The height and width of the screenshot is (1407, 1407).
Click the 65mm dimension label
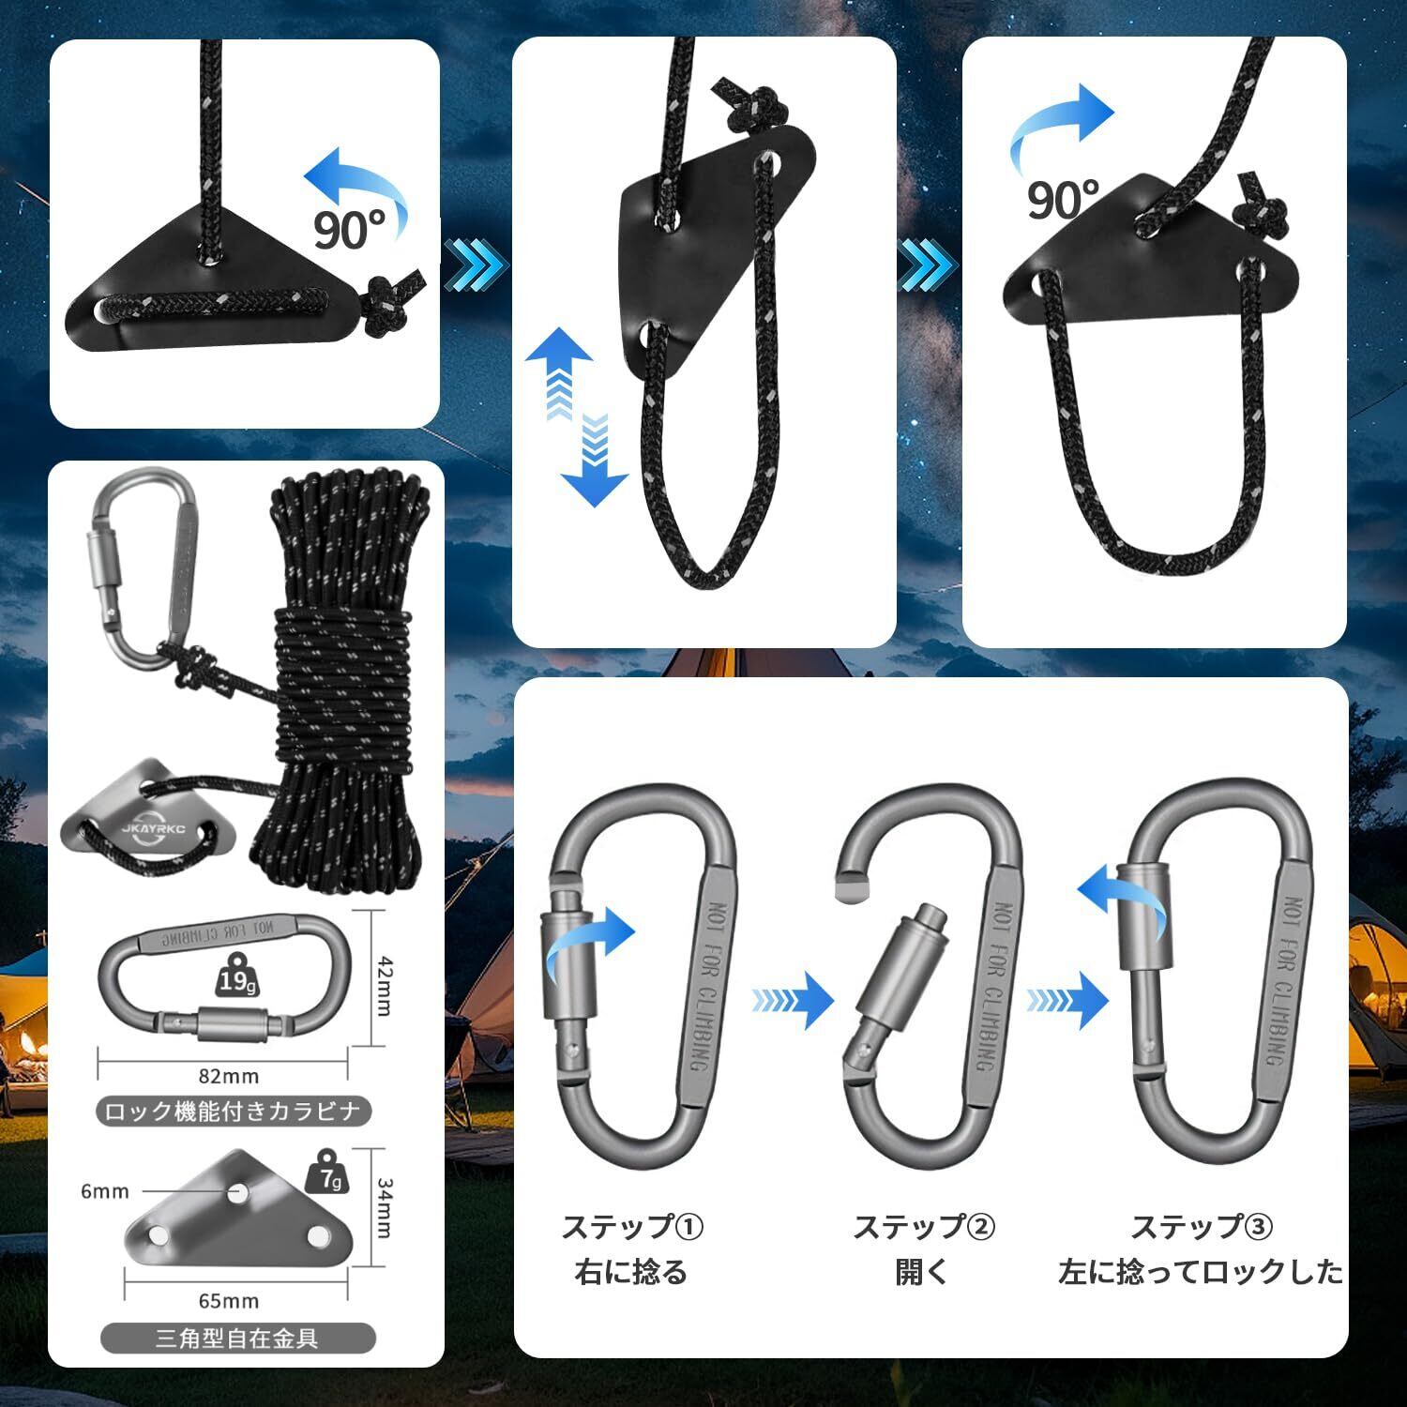click(x=229, y=1301)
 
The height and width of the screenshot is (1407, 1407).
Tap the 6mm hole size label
click(x=104, y=1191)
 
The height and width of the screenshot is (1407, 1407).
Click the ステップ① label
click(x=632, y=1226)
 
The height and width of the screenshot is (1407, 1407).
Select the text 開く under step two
click(x=922, y=1272)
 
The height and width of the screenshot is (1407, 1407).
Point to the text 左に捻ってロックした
click(x=1201, y=1272)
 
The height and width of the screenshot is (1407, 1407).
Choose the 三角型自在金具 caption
click(x=237, y=1338)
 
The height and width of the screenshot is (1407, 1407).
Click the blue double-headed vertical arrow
click(x=576, y=417)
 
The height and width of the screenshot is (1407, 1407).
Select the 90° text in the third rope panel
click(x=1062, y=198)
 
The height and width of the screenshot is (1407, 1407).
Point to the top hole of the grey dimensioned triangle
click(x=238, y=1192)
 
